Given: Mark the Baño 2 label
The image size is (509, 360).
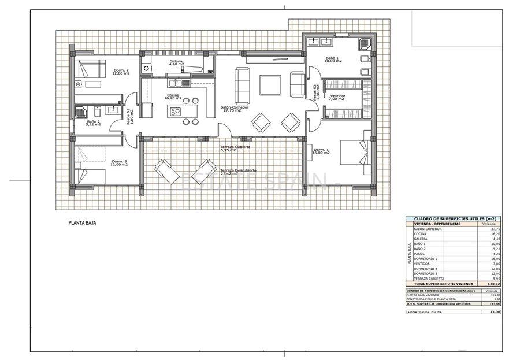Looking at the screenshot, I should [93, 121].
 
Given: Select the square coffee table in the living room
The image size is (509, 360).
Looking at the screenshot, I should [270, 85].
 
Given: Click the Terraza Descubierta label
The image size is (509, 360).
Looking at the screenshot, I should [238, 172].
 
